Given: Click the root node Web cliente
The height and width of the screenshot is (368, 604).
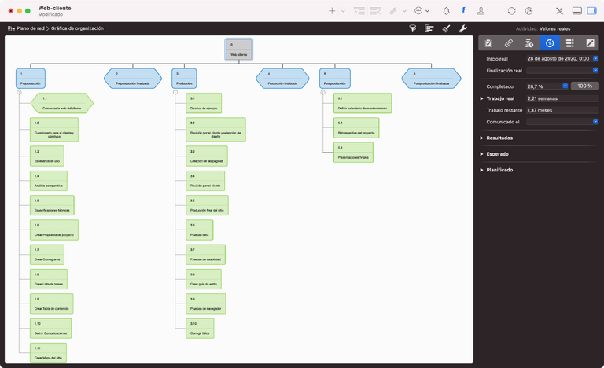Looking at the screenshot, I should click(238, 50).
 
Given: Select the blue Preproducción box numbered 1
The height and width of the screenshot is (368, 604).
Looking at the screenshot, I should click(30, 79).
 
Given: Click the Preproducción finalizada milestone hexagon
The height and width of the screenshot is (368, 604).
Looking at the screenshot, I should click(132, 79).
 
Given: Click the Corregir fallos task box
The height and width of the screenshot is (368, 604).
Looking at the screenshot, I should click(202, 329).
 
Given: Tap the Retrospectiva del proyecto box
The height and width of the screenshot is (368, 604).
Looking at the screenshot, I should click(356, 127).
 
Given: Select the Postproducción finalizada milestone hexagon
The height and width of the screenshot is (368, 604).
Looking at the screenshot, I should click(431, 79).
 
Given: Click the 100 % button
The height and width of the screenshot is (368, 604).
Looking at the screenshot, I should click(585, 86).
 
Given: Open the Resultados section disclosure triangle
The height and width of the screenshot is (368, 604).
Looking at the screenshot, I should click(481, 138).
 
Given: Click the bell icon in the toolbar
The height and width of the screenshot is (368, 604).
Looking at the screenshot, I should click(447, 11).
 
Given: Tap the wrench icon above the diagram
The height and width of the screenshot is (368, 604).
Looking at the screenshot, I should click(462, 28).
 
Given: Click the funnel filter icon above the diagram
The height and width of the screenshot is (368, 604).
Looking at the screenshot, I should click(413, 28).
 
